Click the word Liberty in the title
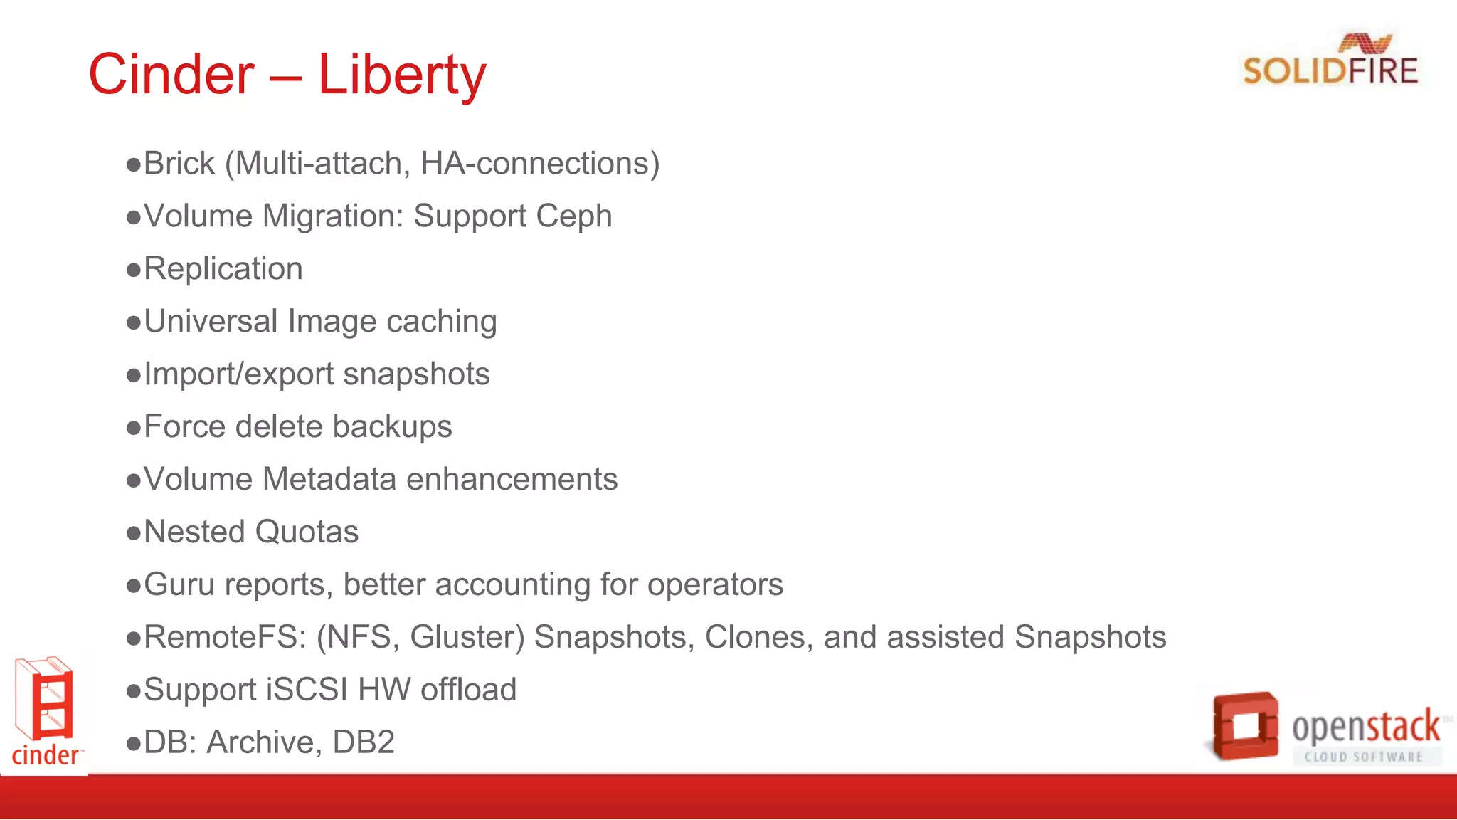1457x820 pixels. [402, 75]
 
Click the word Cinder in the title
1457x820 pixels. [171, 75]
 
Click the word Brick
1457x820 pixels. [179, 164]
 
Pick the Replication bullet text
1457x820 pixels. [223, 269]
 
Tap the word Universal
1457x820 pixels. [211, 322]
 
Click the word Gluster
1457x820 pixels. [467, 638]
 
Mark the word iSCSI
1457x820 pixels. [307, 690]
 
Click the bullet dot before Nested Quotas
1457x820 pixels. [133, 533]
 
